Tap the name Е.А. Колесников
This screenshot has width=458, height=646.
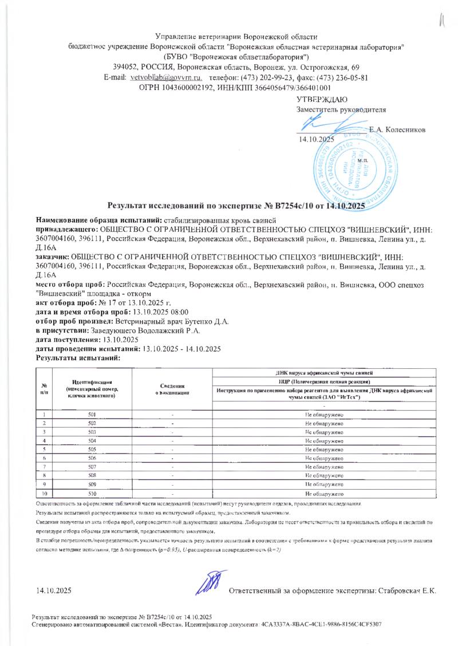[397, 130]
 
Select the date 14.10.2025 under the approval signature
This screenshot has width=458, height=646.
[314, 140]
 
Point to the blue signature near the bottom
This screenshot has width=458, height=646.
[208, 582]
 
